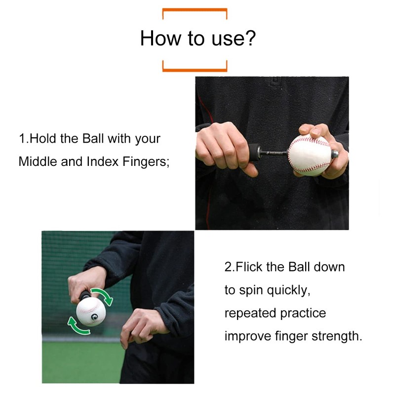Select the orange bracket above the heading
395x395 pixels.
point(195,10)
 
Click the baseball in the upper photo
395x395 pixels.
point(309,155)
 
